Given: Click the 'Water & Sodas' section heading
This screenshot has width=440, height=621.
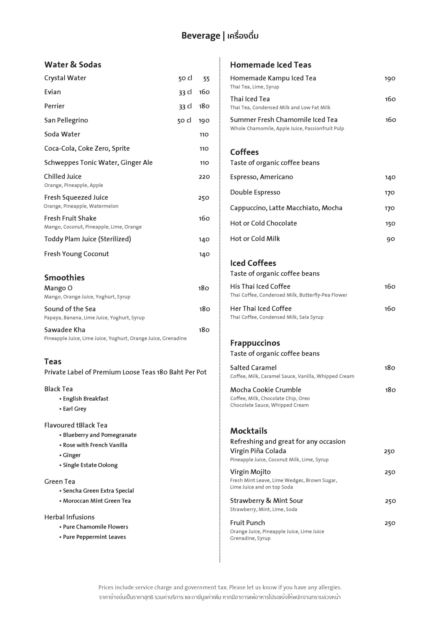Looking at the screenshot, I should pyautogui.click(x=73, y=65).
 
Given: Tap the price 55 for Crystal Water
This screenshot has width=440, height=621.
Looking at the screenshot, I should pyautogui.click(x=206, y=79).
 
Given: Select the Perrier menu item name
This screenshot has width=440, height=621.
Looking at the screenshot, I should pyautogui.click(x=54, y=106).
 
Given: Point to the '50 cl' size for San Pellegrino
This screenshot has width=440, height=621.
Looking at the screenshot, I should pyautogui.click(x=184, y=120).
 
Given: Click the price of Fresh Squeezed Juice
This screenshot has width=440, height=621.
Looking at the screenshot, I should pyautogui.click(x=204, y=198).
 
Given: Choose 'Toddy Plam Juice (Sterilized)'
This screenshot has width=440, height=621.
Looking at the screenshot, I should pyautogui.click(x=87, y=239).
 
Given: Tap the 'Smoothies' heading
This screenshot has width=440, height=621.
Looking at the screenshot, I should pyautogui.click(x=64, y=278).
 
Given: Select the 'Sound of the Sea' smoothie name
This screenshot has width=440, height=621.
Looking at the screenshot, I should pyautogui.click(x=70, y=309).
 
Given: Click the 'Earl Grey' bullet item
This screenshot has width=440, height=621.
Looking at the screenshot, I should pyautogui.click(x=75, y=409).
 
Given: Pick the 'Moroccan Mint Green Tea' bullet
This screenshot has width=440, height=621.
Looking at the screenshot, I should pyautogui.click(x=97, y=501).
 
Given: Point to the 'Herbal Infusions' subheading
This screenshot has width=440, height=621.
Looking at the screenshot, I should pyautogui.click(x=69, y=517).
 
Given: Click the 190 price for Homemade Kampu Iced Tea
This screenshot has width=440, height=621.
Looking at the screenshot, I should pyautogui.click(x=390, y=79).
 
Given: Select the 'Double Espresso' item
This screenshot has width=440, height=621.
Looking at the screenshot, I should pyautogui.click(x=255, y=192).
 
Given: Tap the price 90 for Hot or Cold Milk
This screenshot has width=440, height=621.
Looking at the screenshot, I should pyautogui.click(x=390, y=239).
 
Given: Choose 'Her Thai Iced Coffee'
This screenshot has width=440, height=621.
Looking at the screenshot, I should pyautogui.click(x=261, y=309).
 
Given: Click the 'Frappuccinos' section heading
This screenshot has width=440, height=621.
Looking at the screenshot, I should pyautogui.click(x=255, y=343).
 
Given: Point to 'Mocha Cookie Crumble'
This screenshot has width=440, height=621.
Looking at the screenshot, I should pyautogui.click(x=266, y=390).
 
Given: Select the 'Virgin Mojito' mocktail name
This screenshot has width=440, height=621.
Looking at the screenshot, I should pyautogui.click(x=250, y=472).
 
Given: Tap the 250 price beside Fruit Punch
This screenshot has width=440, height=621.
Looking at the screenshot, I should pyautogui.click(x=390, y=523).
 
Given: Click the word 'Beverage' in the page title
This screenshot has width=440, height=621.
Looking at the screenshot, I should pyautogui.click(x=201, y=36).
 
